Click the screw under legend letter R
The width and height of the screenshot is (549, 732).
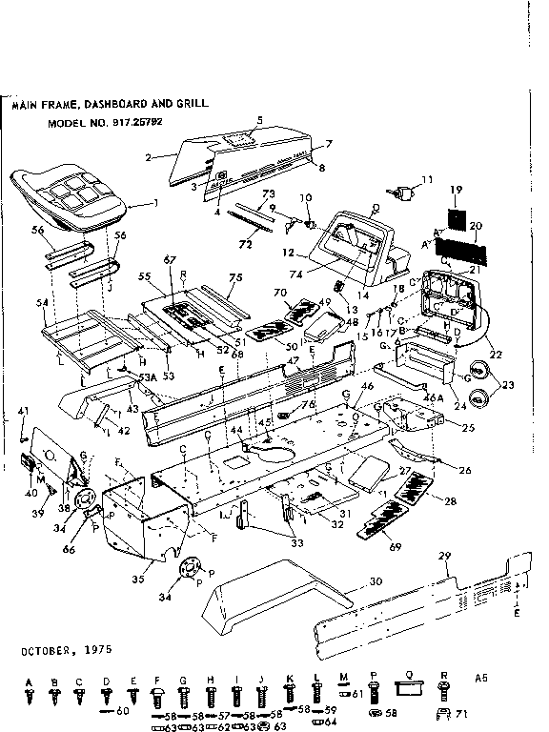pos(444,692)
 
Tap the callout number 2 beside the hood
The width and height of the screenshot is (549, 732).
pos(148,155)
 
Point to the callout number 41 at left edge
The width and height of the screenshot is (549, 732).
pos(23,410)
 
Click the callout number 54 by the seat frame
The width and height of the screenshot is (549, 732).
pos(42,302)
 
